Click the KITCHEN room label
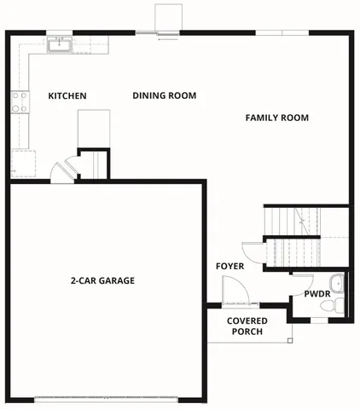coord(67,96)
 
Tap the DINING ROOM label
coord(165,95)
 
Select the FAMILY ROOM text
coord(276,118)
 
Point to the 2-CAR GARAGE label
coord(102,280)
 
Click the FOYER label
coord(229,267)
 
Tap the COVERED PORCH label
coord(247,326)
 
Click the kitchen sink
coord(59,44)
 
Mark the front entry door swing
coord(235,295)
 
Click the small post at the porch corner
coord(290,341)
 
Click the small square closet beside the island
coord(94,164)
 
